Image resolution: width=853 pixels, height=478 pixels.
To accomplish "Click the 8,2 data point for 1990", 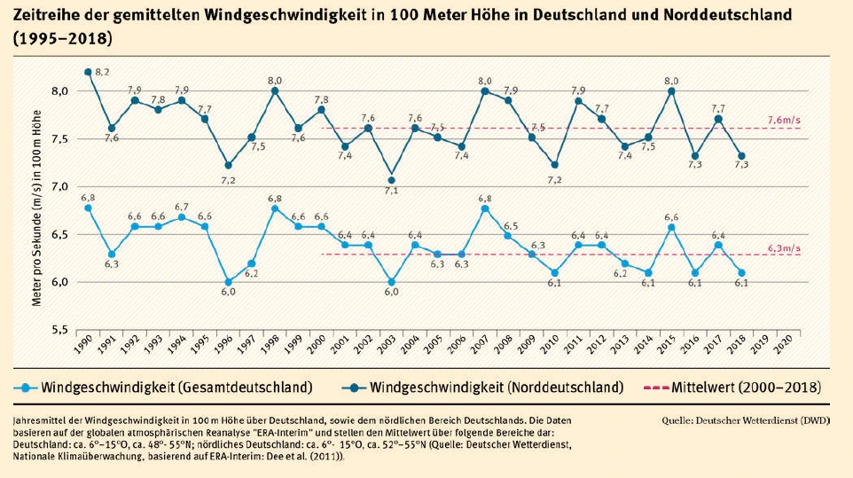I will [x=88, y=72].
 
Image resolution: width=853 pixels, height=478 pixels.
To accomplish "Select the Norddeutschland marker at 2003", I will [x=391, y=180].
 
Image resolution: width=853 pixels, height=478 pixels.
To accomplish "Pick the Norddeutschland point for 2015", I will [x=670, y=90].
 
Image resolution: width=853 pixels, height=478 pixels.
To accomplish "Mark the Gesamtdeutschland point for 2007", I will [x=484, y=208].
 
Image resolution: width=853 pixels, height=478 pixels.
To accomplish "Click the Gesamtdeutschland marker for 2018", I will [x=740, y=273].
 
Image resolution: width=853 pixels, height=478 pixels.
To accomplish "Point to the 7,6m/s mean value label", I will [x=786, y=119].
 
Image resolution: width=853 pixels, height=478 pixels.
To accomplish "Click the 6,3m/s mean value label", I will [x=786, y=247].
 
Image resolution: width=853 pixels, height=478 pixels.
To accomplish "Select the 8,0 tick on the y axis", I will [x=60, y=90].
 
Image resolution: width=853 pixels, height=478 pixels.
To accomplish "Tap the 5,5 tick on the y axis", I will [x=60, y=330].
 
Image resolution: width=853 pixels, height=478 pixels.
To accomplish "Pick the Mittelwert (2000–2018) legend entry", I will [x=745, y=388].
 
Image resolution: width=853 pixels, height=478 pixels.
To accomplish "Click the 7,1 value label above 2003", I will [x=391, y=191].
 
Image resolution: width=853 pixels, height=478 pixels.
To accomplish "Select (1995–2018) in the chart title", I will [x=62, y=39].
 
